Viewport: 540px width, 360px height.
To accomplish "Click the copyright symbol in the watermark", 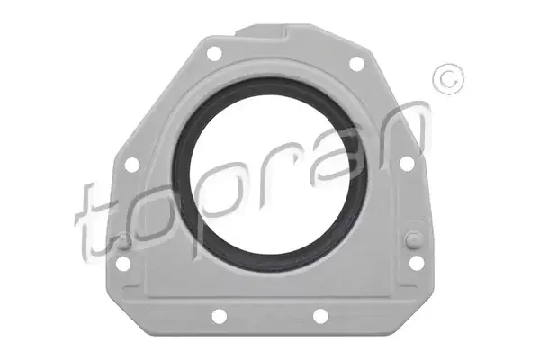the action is coord(448,79).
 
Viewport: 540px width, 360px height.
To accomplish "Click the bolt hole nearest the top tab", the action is coord(214,53).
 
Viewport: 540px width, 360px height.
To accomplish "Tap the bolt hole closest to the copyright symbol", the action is coord(356,63).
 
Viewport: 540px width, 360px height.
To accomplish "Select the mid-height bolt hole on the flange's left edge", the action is coord(132,165).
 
